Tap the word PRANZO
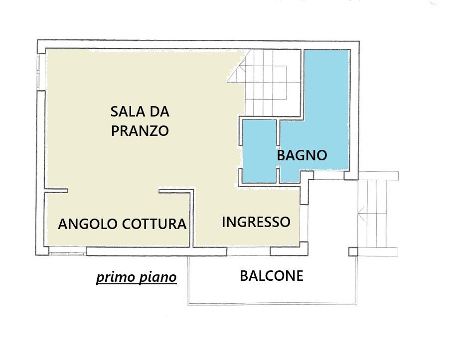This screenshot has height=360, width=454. [140, 131]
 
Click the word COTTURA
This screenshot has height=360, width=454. [154, 224]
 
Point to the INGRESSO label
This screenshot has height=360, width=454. [256, 222]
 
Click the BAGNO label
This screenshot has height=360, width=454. [302, 155]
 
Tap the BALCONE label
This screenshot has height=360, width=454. [272, 276]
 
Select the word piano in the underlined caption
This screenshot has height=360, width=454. [158, 277]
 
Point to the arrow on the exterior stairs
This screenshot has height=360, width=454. [372, 214]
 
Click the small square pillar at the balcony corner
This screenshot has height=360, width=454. [353, 252]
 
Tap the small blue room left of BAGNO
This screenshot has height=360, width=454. [260, 151]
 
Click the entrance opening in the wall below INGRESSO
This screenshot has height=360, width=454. [248, 251]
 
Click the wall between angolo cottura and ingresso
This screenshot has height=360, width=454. [191, 219]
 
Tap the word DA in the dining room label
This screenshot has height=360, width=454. [159, 112]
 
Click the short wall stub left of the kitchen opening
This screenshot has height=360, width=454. [56, 191]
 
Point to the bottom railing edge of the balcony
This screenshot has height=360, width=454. [272, 304]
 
